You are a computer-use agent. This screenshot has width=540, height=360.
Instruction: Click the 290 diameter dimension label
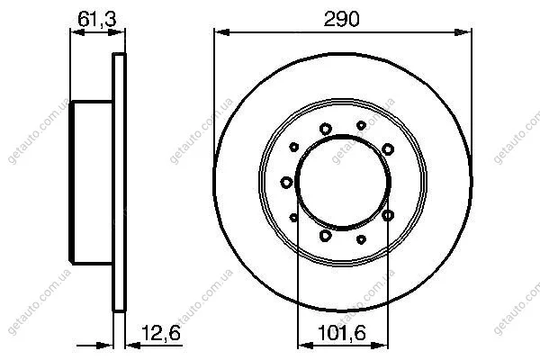point(341,19)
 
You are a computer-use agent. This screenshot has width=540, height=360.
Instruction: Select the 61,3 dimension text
point(97,19)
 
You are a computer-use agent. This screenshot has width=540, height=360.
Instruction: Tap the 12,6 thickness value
point(161,333)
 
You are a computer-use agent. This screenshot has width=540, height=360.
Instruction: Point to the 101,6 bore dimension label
point(341,333)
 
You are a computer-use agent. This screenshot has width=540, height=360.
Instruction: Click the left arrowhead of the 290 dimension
point(221,32)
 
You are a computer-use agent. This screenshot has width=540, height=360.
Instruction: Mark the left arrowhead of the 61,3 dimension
point(77,32)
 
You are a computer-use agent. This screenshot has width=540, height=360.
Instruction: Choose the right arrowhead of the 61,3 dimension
point(116,32)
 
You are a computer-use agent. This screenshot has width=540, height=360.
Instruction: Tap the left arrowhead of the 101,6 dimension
point(305,345)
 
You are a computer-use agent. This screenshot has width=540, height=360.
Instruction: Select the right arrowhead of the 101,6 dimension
point(380,345)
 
